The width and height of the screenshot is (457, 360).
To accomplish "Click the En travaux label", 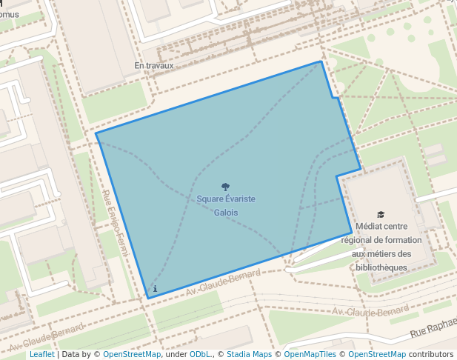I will pyautogui.click(x=153, y=66).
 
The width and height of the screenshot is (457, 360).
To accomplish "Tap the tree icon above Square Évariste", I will pyautogui.click(x=226, y=187).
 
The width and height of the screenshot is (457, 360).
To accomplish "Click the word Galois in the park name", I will pyautogui.click(x=226, y=213).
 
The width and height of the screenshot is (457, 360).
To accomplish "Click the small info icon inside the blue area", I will pyautogui.click(x=155, y=288).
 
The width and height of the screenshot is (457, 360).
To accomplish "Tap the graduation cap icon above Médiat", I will pyautogui.click(x=381, y=215).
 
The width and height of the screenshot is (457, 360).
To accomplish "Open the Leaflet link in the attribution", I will pyautogui.click(x=41, y=355).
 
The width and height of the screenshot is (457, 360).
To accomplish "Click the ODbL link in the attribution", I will pyautogui.click(x=200, y=355).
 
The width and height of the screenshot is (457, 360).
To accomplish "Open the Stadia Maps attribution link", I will pyautogui.click(x=249, y=355).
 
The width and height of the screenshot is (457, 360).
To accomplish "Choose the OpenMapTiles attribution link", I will pyautogui.click(x=311, y=355).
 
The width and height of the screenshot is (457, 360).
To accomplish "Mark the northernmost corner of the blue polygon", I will pyautogui.click(x=321, y=61).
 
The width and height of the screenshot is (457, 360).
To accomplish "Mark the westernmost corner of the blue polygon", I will pyautogui.click(x=96, y=134).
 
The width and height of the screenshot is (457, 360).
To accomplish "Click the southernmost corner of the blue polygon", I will pyautogui.click(x=149, y=299).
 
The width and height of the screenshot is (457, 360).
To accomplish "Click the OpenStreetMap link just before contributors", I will pyautogui.click(x=377, y=355).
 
